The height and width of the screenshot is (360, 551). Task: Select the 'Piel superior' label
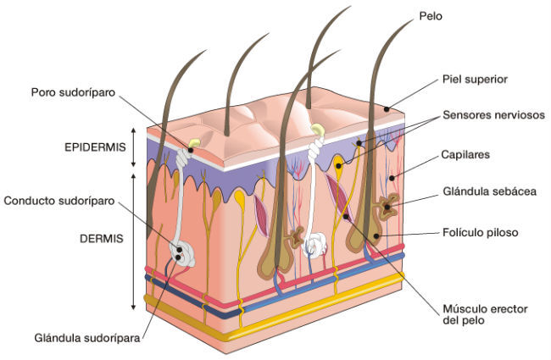click(474, 79)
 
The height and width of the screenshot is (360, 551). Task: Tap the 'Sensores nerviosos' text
click(493, 115)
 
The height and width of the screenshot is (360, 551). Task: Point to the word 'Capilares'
click(466, 156)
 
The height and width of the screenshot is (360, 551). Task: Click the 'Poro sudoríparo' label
click(72, 91)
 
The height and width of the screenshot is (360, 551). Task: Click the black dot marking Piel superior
click(387, 108)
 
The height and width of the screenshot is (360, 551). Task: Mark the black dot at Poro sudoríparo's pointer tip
click(191, 150)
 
